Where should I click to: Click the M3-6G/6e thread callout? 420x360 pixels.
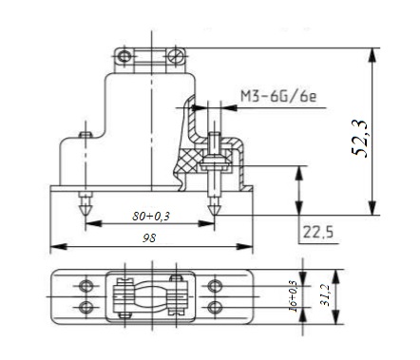(x=278, y=96)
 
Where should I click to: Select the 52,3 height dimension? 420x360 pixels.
(x=360, y=139)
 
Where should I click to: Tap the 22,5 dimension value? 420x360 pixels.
(x=318, y=233)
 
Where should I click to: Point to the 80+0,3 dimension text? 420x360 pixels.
(x=151, y=217)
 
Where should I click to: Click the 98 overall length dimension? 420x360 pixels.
(x=149, y=237)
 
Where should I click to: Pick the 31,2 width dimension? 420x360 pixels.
(x=325, y=295)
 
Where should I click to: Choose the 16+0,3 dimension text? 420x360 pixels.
(x=294, y=296)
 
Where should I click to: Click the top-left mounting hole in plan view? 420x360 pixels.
(x=86, y=286)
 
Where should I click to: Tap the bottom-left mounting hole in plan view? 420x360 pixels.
(x=86, y=307)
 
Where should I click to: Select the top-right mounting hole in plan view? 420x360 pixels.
(x=215, y=286)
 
